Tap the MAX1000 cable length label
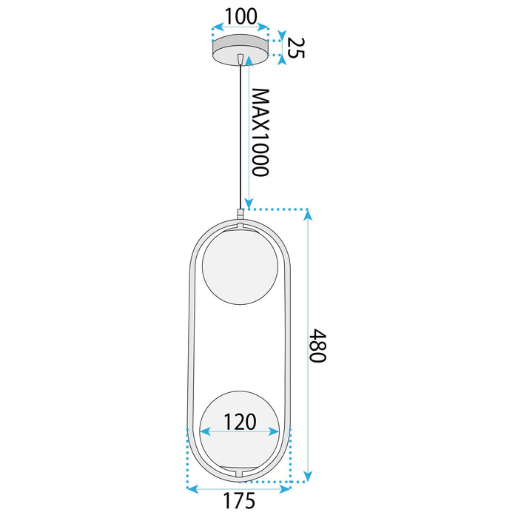coord(258,132)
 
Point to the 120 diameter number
coord(239,422)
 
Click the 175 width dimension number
coord(239,501)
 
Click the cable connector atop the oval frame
coord(240,214)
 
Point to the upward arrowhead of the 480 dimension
coord(309,215)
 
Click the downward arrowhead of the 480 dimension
coord(309,476)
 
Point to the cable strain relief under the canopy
coord(240,59)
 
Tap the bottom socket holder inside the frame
coord(239,471)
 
